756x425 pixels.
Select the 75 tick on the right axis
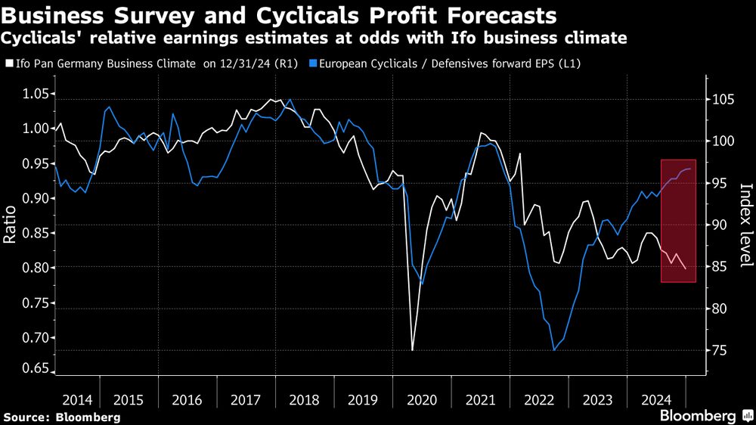click(719, 350)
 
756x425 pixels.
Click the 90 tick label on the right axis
click(719, 225)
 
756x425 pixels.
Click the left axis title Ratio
click(10, 225)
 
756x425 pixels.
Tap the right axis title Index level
click(745, 225)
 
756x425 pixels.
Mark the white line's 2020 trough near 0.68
click(412, 349)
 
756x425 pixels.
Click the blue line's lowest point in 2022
click(554, 349)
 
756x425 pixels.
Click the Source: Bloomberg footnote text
click(62, 417)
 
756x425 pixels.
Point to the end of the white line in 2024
click(686, 268)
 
